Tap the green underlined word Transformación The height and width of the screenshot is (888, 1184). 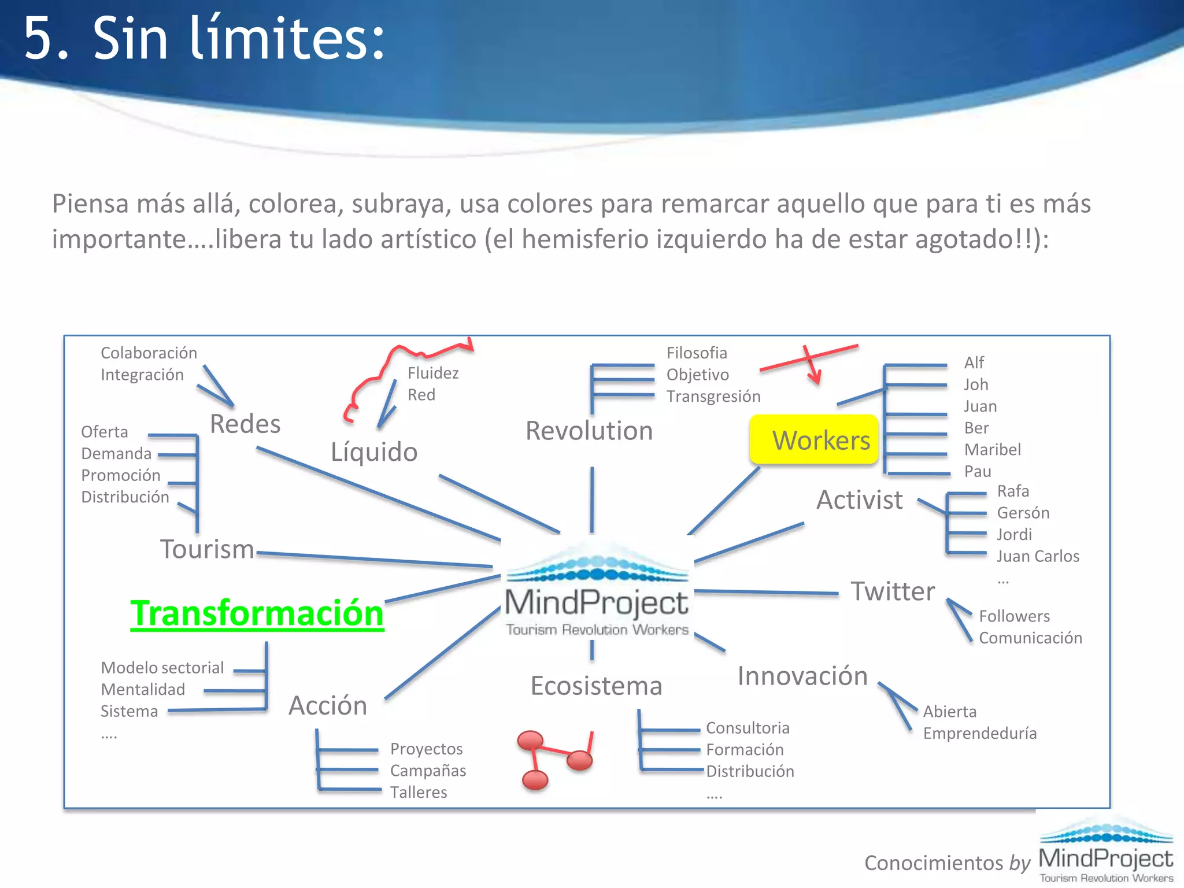coord(257,613)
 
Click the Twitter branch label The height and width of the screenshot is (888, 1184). coord(893,591)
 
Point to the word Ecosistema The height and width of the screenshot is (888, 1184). coord(596,686)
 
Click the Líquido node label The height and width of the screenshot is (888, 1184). coord(374,452)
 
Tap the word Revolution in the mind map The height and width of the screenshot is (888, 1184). coord(589,431)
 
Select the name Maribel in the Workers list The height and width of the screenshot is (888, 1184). coord(992,450)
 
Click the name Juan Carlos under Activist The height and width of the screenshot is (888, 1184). coord(1038,556)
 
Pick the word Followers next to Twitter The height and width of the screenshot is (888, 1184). coord(1014,616)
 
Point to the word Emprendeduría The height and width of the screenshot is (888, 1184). coord(979,734)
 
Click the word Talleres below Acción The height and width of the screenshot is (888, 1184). coord(419,793)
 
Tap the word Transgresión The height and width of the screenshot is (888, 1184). coord(713,397)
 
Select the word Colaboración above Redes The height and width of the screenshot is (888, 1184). coord(149,353)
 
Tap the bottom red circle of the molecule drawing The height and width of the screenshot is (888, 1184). coord(535,780)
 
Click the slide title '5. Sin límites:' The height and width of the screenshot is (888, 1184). coord(203,38)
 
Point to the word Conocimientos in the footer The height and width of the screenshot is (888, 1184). coord(934,863)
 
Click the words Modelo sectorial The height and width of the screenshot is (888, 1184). coord(162,668)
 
